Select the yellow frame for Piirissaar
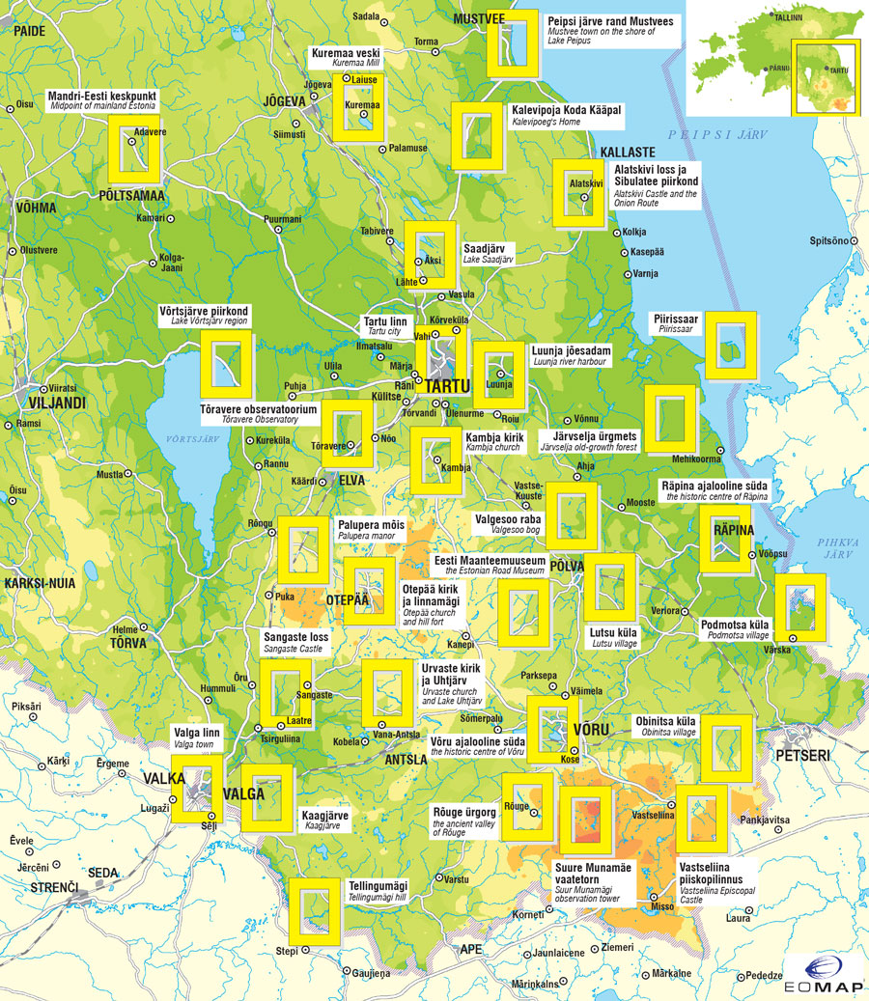pos(731,345)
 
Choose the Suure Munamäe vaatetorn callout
pos(593,882)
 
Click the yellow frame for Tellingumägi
pos(316,910)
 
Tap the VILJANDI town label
pos(32,402)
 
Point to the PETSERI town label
pos(799,754)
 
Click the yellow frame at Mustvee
pos(512,43)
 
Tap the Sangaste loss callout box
pos(296,642)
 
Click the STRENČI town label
pos(47,886)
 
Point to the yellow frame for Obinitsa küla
pos(726,748)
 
